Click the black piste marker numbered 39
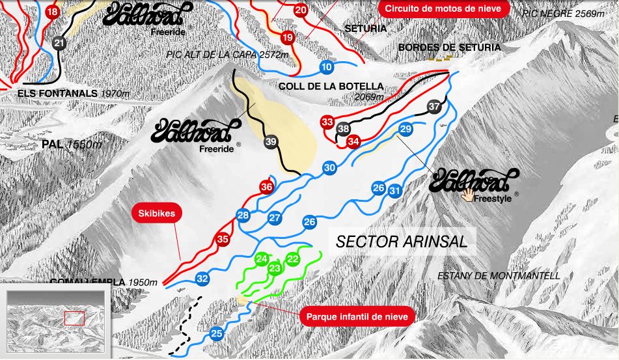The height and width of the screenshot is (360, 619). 271,141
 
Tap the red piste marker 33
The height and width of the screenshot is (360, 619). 327,122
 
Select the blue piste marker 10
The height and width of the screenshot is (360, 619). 327,66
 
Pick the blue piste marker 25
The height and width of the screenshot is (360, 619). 217,334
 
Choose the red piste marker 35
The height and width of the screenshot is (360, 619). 223,240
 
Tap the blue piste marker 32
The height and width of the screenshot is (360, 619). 202,279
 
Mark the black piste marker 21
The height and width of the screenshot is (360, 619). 60,44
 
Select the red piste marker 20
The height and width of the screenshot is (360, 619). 300,10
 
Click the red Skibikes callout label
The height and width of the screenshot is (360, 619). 156,213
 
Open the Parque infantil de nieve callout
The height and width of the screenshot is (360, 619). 357,316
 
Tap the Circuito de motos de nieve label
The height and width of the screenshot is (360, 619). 443,8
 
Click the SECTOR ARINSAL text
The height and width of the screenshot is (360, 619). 402,242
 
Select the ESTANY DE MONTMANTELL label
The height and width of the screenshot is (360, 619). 499,276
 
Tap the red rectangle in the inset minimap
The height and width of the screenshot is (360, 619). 74,318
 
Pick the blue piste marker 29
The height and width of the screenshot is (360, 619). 406,130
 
